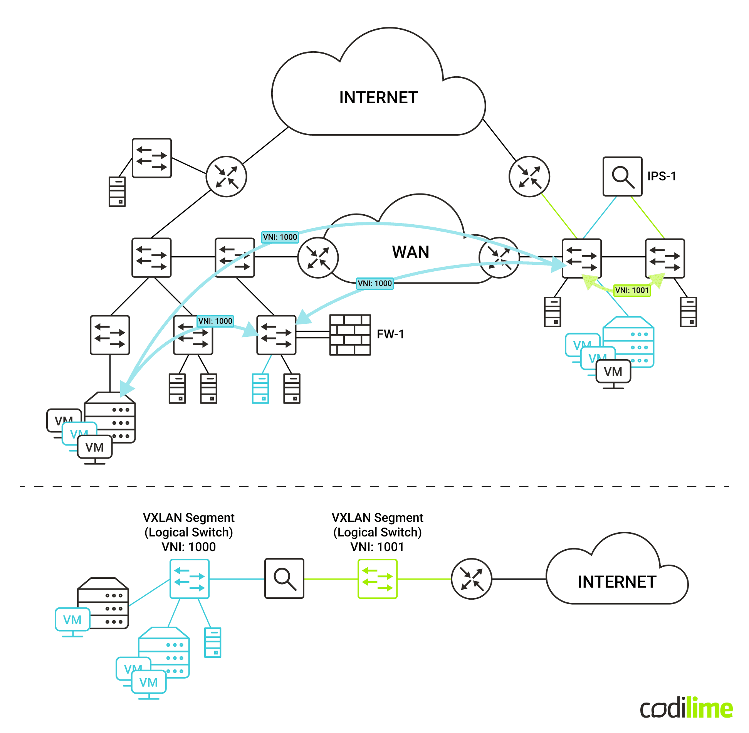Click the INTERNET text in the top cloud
[x=378, y=98]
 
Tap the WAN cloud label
[x=410, y=252]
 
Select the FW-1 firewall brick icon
[x=350, y=335]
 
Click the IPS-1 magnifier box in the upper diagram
[x=622, y=176]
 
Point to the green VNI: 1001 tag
[x=632, y=290]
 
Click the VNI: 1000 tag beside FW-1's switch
[x=215, y=321]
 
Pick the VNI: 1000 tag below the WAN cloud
[x=374, y=283]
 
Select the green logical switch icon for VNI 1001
[x=377, y=579]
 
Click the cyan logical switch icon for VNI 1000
[x=190, y=579]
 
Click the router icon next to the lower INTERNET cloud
[x=471, y=579]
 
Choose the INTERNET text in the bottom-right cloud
[x=617, y=582]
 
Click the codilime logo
[x=686, y=708]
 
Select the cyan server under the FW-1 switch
[x=260, y=388]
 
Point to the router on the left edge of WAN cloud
[x=318, y=257]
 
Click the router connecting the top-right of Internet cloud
[x=529, y=177]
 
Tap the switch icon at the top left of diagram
[x=152, y=158]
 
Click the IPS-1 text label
[x=662, y=176]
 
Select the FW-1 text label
[x=390, y=334]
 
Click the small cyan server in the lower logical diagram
[x=213, y=642]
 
